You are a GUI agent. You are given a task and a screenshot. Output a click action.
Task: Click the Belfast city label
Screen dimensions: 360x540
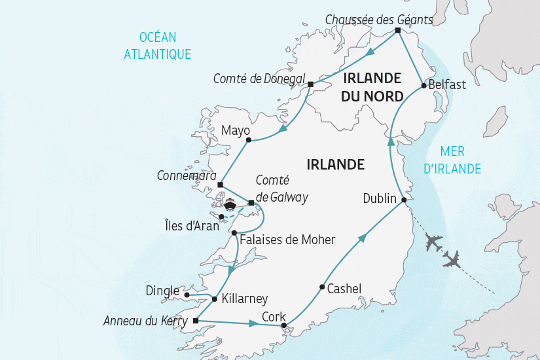(x=448, y=84)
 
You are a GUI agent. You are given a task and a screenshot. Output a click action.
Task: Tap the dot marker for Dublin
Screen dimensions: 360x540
(x=404, y=200)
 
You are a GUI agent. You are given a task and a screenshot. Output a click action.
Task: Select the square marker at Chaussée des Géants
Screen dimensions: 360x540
(x=398, y=30)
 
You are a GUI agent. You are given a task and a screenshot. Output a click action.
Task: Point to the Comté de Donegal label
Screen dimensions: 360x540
(x=259, y=79)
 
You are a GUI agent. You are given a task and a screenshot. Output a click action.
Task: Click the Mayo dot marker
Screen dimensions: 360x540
(x=248, y=140)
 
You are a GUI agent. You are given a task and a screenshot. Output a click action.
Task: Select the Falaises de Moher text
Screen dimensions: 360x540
(x=287, y=240)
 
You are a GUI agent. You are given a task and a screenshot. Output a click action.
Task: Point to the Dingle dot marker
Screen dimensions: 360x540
(x=187, y=295)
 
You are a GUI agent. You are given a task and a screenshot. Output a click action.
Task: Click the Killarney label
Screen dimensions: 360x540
(x=245, y=298)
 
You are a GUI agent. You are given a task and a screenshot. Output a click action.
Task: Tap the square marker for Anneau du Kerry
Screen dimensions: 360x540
(x=196, y=321)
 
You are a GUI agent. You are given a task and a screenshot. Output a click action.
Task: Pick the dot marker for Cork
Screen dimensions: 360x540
(x=283, y=325)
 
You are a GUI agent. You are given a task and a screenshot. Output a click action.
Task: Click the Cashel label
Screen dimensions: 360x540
(x=344, y=287)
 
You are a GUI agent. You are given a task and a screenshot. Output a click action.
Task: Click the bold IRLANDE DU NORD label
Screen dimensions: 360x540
(x=371, y=85)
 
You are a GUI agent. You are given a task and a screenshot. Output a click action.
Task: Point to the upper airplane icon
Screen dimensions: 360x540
(x=433, y=241)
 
